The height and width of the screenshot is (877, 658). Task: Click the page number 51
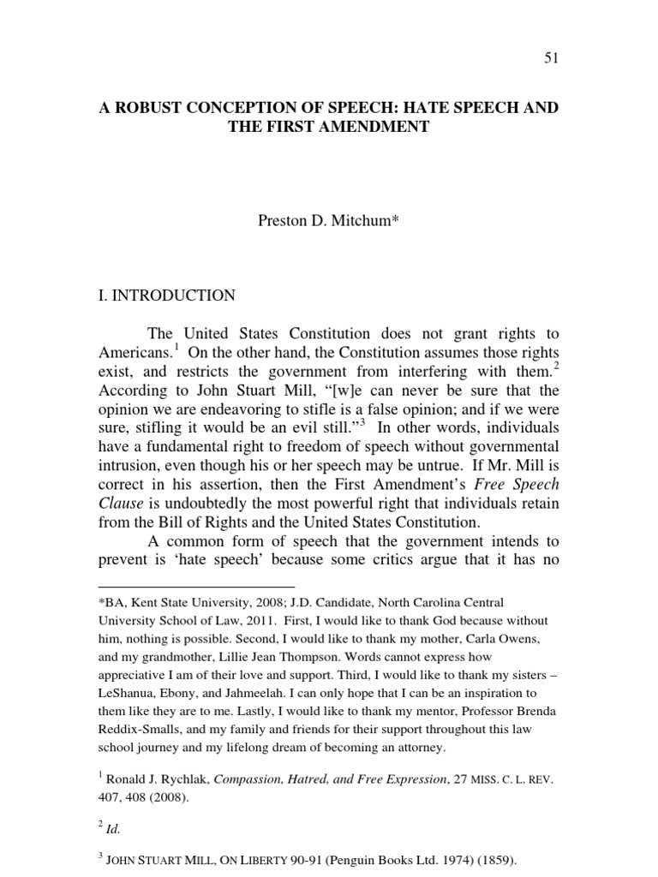(x=551, y=57)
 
